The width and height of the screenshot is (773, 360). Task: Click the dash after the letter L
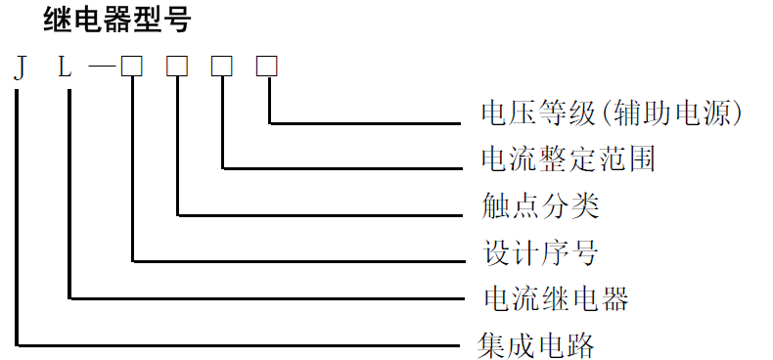(x=101, y=67)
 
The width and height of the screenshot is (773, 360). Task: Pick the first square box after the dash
(x=132, y=67)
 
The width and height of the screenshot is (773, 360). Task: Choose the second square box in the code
(x=177, y=67)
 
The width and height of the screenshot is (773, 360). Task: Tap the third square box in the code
(x=222, y=67)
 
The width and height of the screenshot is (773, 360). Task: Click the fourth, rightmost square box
(x=267, y=67)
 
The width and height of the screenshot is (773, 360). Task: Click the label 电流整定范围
(x=568, y=159)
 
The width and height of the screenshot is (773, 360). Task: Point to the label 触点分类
(x=540, y=206)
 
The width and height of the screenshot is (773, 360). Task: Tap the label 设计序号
(x=540, y=253)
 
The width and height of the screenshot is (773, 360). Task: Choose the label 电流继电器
(x=555, y=297)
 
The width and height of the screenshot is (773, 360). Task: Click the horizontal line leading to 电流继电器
(x=264, y=297)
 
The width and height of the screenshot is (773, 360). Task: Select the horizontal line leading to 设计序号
(x=294, y=261)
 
